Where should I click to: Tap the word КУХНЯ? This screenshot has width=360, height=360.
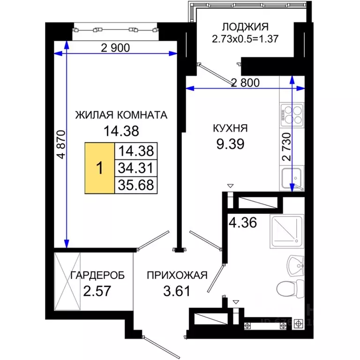[x=230, y=128]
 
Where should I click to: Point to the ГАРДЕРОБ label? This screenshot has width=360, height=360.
[x=97, y=276]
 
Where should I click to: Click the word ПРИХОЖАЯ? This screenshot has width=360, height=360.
[x=176, y=276]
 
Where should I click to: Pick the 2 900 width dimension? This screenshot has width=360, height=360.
[x=115, y=47]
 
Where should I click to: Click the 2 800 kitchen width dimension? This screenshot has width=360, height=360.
[x=245, y=82]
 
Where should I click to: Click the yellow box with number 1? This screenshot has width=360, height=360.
[x=99, y=168]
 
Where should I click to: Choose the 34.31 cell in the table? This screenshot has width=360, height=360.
[x=136, y=168]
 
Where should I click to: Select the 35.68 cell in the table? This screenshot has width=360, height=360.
[x=136, y=184]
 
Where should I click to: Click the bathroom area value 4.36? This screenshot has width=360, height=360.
[x=242, y=222]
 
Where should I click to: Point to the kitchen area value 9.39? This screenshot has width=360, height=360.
[x=230, y=143]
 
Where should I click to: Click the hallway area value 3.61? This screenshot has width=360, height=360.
[x=176, y=292]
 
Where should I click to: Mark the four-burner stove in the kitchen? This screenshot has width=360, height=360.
[x=292, y=113]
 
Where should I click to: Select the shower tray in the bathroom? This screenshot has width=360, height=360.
[x=287, y=232]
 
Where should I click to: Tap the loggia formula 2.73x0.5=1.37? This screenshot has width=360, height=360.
[x=246, y=39]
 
